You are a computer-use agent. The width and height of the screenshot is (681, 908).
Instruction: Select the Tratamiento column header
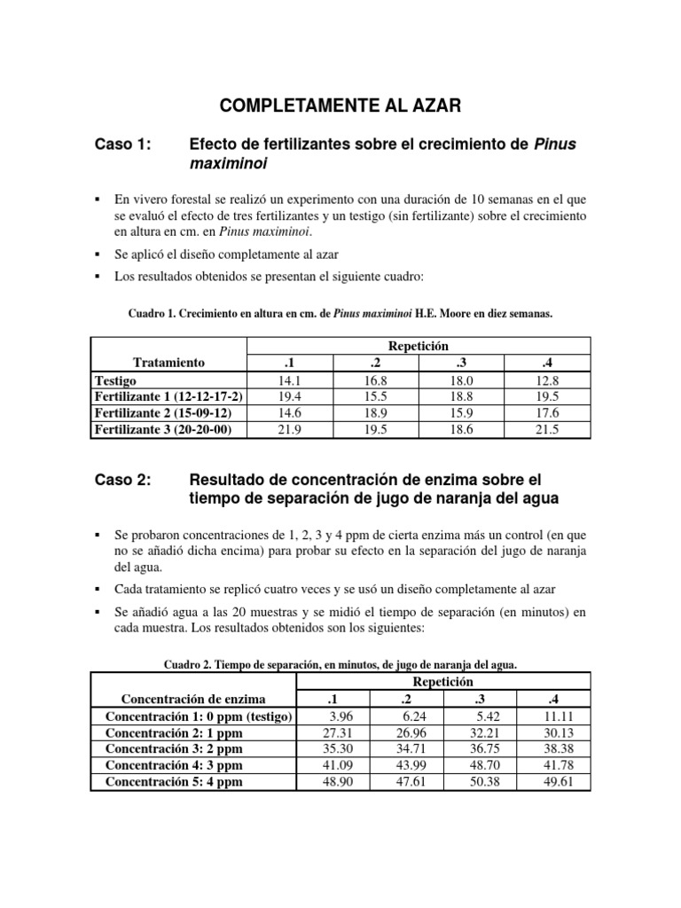pyautogui.click(x=168, y=362)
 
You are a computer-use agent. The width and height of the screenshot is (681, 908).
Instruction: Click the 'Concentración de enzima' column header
pyautogui.click(x=193, y=700)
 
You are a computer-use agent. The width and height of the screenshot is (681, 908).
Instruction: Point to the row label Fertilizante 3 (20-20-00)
pyautogui.click(x=168, y=429)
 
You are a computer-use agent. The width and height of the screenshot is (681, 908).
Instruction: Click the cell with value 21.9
pyautogui.click(x=288, y=429)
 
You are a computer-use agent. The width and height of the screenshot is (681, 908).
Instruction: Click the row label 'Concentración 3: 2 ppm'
pyautogui.click(x=174, y=749)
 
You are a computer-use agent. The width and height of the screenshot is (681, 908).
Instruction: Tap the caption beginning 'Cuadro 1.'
pyautogui.click(x=340, y=313)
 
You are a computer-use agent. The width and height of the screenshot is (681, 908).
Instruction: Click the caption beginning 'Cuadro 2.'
pyautogui.click(x=340, y=664)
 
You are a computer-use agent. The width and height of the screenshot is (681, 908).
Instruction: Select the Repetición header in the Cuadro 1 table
pyautogui.click(x=416, y=346)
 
